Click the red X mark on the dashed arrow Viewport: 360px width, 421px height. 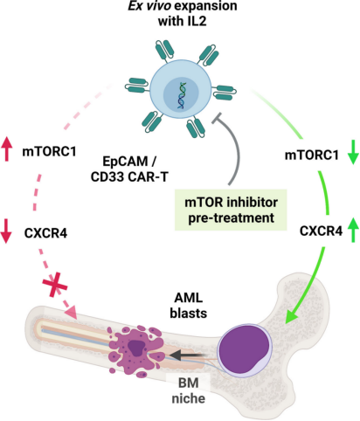pyautogui.click(x=55, y=285)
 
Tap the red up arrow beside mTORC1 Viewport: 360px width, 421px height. pyautogui.click(x=7, y=149)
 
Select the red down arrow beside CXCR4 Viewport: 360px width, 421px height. pyautogui.click(x=5, y=231)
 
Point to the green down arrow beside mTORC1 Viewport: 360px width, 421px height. pyautogui.click(x=353, y=152)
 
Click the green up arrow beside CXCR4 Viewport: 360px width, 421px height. pyautogui.click(x=353, y=230)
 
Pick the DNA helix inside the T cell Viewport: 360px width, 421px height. pyautogui.click(x=182, y=95)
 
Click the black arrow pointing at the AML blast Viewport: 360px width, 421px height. pyautogui.click(x=188, y=355)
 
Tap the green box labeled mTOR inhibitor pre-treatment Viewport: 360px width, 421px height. pyautogui.click(x=231, y=210)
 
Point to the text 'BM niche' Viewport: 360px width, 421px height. pyautogui.click(x=189, y=390)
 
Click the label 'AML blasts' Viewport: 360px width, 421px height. pyautogui.click(x=189, y=306)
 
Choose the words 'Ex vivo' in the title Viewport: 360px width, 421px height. pyautogui.click(x=149, y=6)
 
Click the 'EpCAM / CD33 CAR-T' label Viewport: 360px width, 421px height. pyautogui.click(x=129, y=169)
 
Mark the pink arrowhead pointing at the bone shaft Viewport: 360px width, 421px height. pyautogui.click(x=71, y=313)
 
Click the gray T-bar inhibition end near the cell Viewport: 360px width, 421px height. pyautogui.click(x=217, y=118)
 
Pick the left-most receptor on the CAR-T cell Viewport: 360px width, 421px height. pyautogui.click(x=137, y=86)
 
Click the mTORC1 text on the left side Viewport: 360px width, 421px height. pyautogui.click(x=49, y=151)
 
